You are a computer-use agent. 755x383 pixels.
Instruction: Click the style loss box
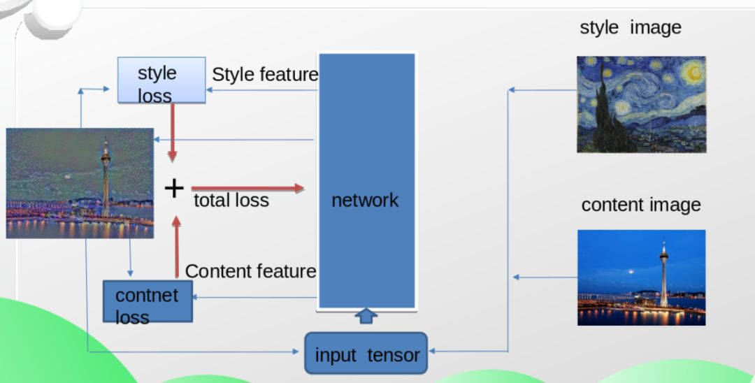161,80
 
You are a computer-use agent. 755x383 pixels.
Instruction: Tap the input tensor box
366,354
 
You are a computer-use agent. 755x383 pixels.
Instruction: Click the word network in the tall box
365,201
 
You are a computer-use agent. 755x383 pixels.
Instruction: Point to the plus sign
174,188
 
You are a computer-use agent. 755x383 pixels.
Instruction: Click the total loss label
231,201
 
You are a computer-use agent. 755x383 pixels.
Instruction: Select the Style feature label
265,75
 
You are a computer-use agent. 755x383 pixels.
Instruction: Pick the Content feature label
251,271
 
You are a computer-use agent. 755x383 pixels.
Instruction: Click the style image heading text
630,27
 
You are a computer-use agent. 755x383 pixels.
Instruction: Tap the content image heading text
640,205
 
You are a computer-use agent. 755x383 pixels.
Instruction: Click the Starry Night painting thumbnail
641,104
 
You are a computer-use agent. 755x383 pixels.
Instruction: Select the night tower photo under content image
641,277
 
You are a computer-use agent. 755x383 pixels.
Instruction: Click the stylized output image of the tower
80,183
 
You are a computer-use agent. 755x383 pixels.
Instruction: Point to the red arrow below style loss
172,133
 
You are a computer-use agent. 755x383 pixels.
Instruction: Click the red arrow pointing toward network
248,188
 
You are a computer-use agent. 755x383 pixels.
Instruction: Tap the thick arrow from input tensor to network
366,316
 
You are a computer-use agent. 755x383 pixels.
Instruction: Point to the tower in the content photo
663,276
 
